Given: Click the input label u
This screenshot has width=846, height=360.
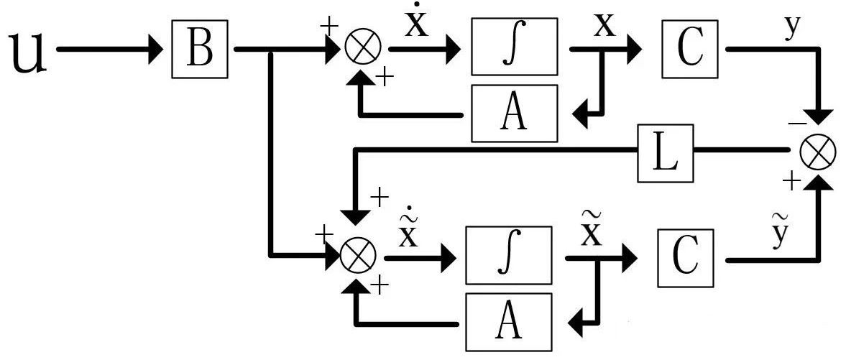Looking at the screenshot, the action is [x=29, y=52].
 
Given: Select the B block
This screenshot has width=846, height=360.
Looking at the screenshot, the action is [x=200, y=49].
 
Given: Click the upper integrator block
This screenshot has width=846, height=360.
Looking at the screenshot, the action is [x=514, y=47].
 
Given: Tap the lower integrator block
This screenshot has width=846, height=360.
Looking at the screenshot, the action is [x=509, y=255].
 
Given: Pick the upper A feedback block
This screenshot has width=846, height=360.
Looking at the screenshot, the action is [x=514, y=114].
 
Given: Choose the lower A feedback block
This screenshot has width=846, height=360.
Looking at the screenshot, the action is [x=509, y=322].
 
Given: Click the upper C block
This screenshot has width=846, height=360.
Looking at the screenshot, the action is [x=689, y=49].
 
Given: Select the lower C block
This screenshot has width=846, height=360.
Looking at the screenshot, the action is [x=685, y=258].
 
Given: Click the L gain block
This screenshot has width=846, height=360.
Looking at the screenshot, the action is [x=665, y=153].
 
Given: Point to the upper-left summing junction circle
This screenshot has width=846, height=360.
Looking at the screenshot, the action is [x=362, y=49].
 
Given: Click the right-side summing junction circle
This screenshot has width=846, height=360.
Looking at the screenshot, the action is [x=817, y=154].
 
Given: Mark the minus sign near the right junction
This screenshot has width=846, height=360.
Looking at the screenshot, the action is [x=795, y=124].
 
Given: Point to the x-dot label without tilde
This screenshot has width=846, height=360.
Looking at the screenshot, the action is [x=416, y=22].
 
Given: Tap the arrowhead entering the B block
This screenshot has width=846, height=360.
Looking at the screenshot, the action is [x=156, y=49].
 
